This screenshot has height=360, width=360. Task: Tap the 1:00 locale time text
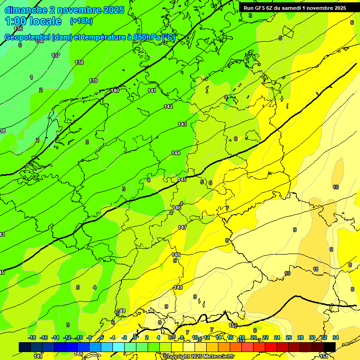click(33, 21)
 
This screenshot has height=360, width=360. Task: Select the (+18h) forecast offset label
click(81, 21)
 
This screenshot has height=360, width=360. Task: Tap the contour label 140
click(115, 90)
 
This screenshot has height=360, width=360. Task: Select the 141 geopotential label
click(152, 90)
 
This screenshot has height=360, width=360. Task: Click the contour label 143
click(182, 124)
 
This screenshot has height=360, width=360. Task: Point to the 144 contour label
click(176, 153)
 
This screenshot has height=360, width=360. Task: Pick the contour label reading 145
click(182, 180)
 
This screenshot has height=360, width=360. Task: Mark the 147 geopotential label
click(182, 227)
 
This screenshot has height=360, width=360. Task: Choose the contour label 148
click(176, 255)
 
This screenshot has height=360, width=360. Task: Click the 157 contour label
click(233, 325)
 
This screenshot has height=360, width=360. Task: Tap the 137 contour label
click(56, 55)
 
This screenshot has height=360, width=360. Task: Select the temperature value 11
click(315, 269)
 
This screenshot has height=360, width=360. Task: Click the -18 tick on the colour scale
click(32, 337)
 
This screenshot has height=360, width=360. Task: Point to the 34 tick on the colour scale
click(335, 337)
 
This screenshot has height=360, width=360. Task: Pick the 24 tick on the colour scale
click(277, 337)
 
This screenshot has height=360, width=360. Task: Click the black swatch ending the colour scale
click(330, 347)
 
